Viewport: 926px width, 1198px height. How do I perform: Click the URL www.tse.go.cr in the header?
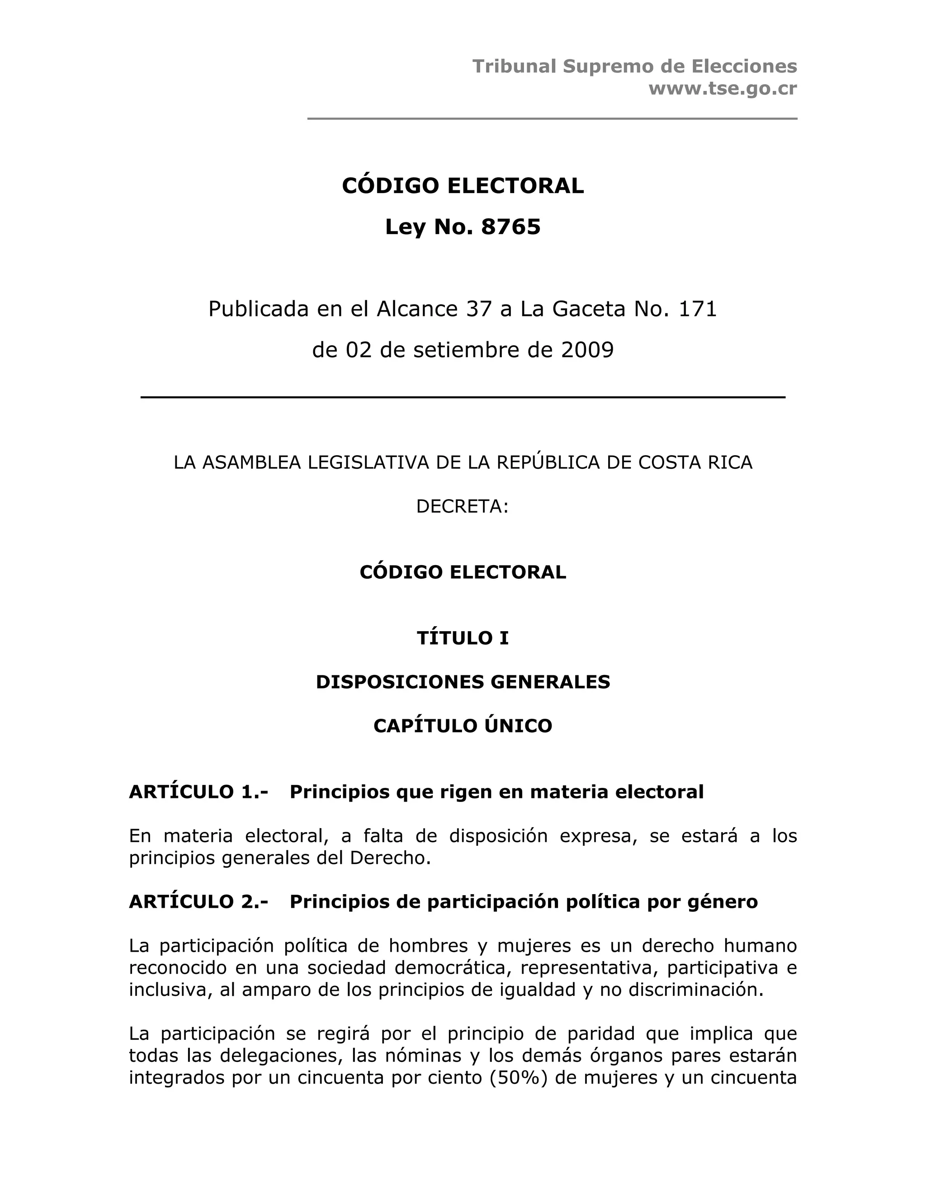[723, 89]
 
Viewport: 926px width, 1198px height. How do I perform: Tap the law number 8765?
[511, 227]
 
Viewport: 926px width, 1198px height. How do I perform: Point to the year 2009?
[587, 350]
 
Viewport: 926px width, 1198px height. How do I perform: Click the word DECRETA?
[463, 506]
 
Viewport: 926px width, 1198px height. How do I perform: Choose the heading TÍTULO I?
[463, 638]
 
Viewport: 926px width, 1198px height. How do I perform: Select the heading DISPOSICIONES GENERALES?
[463, 682]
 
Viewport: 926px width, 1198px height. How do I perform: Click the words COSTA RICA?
[695, 462]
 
